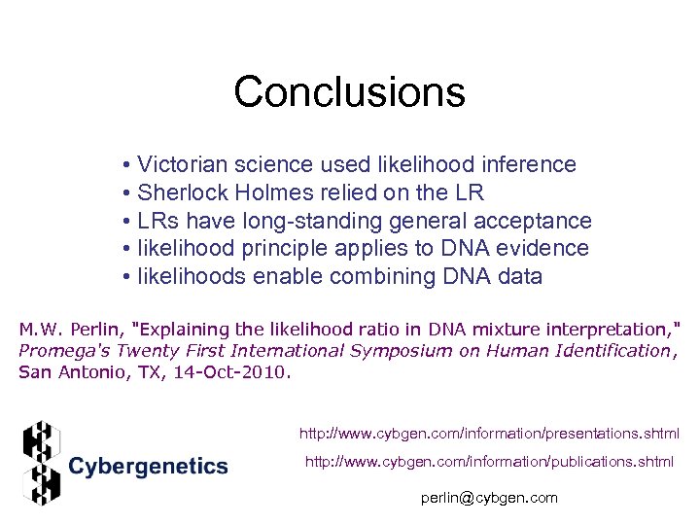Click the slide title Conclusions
[349, 93]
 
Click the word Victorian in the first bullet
[178, 165]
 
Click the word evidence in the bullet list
[545, 249]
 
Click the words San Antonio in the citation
[67, 372]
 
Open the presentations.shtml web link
[489, 433]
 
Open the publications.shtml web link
[489, 462]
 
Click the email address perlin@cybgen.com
[489, 498]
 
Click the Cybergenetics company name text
[148, 467]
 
